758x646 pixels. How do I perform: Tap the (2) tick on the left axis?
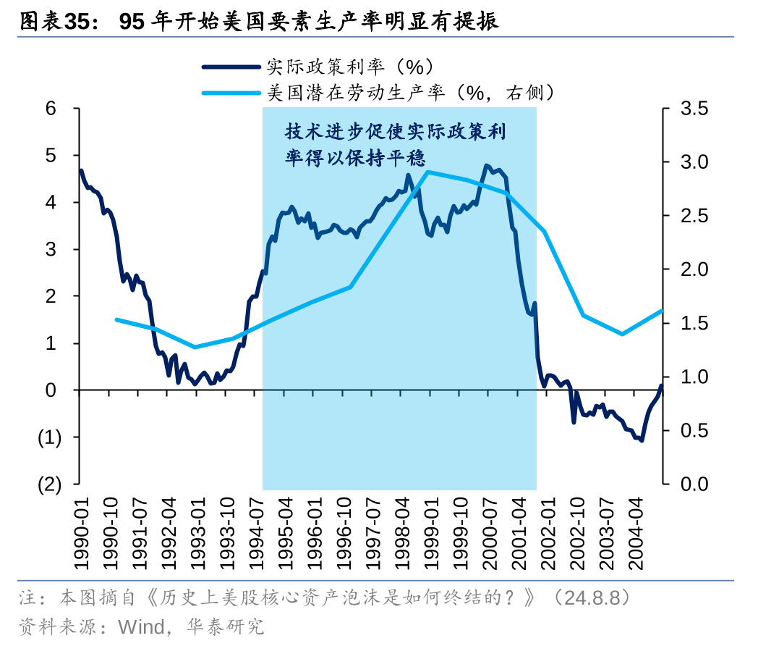click(x=49, y=484)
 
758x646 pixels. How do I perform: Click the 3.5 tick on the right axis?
click(x=694, y=109)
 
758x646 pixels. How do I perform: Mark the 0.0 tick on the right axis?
click(x=694, y=484)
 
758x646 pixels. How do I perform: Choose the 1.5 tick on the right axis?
click(x=694, y=323)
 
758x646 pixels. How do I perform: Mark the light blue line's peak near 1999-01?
click(x=427, y=172)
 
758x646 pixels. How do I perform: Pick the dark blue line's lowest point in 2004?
click(x=641, y=440)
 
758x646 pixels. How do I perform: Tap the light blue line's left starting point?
click(x=116, y=319)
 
